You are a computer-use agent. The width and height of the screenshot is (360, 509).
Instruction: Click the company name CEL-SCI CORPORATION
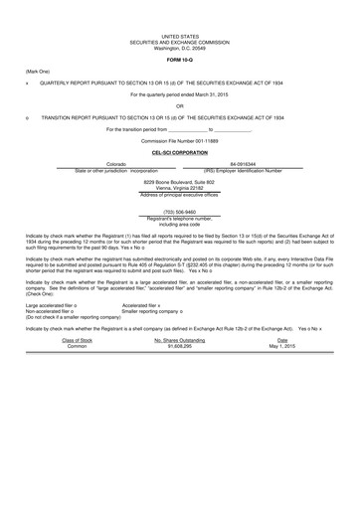(x=179, y=153)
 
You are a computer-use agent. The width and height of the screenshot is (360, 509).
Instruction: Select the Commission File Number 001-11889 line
(x=179, y=141)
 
